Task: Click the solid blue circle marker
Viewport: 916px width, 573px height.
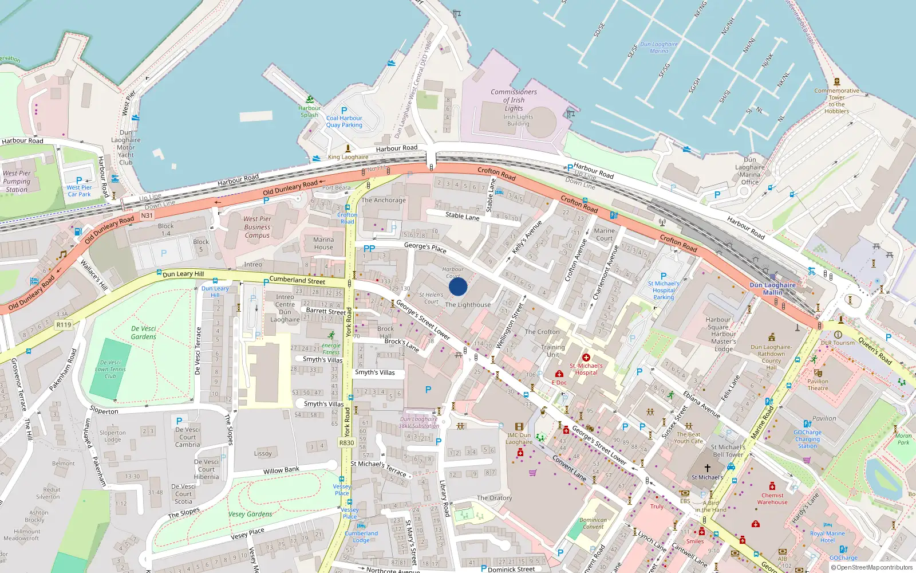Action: click(x=458, y=286)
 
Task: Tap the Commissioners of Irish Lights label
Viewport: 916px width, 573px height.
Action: click(x=514, y=100)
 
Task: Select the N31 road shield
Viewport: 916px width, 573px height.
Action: click(x=147, y=215)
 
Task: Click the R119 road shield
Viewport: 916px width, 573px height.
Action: click(x=64, y=325)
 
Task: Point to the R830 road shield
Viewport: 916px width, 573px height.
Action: click(x=346, y=442)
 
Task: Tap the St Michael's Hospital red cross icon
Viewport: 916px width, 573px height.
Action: click(x=586, y=358)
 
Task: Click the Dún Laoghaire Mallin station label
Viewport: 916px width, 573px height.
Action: click(x=772, y=289)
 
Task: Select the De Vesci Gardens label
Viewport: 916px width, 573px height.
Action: click(x=143, y=332)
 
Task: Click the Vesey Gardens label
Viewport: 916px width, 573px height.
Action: click(x=250, y=514)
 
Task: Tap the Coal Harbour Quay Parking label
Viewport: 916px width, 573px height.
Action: click(x=344, y=121)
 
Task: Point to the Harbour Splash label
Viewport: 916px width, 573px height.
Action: click(x=309, y=111)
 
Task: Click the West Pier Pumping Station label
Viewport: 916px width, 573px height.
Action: click(x=17, y=181)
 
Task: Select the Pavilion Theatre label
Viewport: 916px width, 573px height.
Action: click(x=818, y=384)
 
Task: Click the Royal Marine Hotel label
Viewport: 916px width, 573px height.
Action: click(x=827, y=536)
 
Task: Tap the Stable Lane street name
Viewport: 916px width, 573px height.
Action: click(x=462, y=216)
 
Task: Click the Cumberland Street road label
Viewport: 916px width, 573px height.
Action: click(x=297, y=280)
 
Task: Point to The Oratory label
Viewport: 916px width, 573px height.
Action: click(x=494, y=498)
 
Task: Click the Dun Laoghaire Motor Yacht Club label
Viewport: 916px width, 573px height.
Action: click(x=125, y=147)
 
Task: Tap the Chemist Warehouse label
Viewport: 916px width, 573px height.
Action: click(x=772, y=499)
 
